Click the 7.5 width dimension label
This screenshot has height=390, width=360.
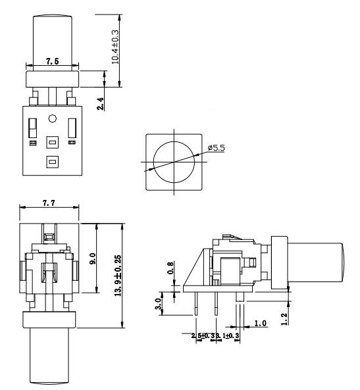click(52, 60)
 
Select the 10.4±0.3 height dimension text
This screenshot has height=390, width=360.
click(116, 45)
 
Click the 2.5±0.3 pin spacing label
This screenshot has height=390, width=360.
click(195, 336)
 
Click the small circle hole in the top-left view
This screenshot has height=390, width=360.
click(52, 119)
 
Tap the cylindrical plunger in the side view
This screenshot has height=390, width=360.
click(318, 262)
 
